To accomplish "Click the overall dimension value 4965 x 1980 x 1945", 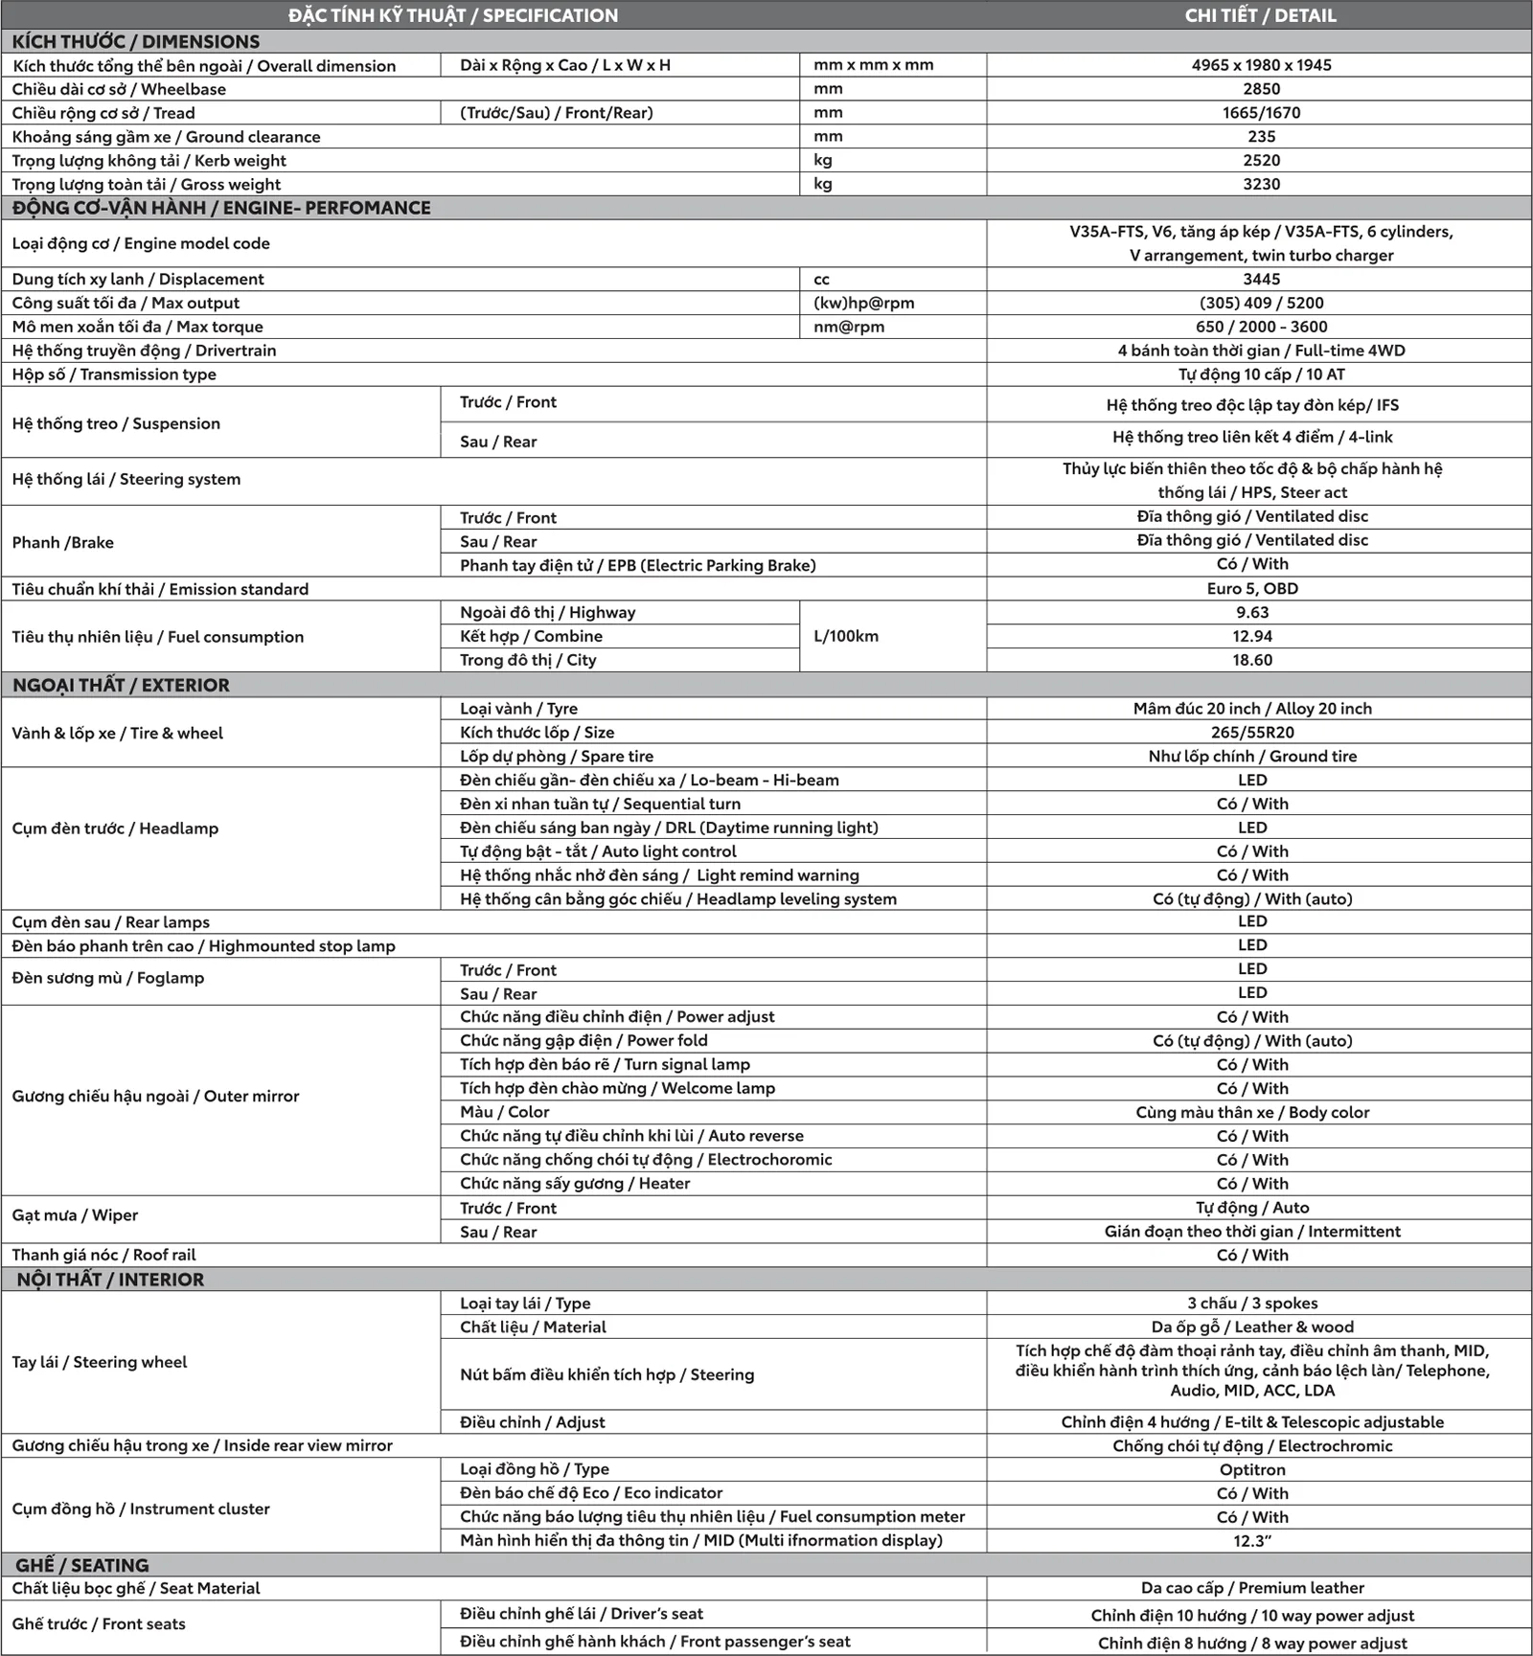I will click(1261, 65).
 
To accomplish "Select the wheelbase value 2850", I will click(1261, 89).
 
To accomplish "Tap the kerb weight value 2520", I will click(1261, 160).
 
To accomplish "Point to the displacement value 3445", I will click(1261, 279).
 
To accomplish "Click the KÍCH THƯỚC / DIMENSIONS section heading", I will click(136, 41).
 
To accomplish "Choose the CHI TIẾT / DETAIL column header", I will click(1260, 15).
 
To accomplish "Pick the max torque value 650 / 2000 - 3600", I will click(1261, 327).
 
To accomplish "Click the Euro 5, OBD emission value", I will click(1252, 589).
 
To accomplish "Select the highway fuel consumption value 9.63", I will click(1252, 613).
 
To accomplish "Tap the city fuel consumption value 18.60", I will click(1252, 660).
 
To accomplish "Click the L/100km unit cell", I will click(846, 636).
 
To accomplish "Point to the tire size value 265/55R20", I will click(1252, 733).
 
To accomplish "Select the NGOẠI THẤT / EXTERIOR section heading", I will click(121, 685).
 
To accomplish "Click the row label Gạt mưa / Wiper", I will click(75, 1215).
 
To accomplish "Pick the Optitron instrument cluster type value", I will click(1252, 1469).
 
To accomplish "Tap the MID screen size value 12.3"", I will click(1252, 1541).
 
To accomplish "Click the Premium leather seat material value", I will click(1252, 1588).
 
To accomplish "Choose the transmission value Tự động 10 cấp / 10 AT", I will click(1261, 374).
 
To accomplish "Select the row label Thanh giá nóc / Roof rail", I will click(103, 1255).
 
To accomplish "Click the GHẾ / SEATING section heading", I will click(81, 1565).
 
